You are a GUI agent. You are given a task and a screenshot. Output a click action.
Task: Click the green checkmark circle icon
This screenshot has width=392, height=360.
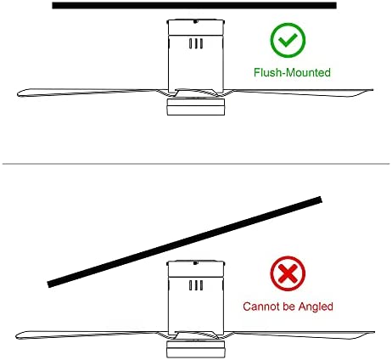[x=288, y=40]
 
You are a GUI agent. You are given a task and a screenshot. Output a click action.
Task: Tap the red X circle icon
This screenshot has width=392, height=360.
[x=288, y=273]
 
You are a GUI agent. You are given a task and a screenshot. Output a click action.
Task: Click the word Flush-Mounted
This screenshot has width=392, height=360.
[x=292, y=72]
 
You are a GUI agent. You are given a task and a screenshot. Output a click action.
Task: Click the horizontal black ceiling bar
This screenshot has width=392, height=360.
[x=194, y=5]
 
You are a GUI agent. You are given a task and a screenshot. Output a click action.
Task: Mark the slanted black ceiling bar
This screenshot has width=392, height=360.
[x=185, y=242]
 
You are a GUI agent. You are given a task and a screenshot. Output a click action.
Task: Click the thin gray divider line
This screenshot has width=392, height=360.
[x=196, y=164]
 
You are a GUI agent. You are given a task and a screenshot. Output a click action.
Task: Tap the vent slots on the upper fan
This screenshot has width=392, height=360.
[x=196, y=43]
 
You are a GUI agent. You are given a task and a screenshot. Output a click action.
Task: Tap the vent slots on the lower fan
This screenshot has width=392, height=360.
[x=196, y=285]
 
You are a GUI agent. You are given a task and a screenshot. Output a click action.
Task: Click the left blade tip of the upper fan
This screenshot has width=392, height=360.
[x=18, y=93]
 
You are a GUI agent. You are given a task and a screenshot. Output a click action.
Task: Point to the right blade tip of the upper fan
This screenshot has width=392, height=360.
[x=372, y=90]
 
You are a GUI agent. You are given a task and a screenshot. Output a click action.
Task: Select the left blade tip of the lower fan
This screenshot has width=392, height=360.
[x=16, y=336]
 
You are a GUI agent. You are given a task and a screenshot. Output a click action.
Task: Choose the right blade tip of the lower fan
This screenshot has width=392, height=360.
[x=374, y=333]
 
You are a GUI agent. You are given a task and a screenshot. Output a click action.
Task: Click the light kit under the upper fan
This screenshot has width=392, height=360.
[x=196, y=107]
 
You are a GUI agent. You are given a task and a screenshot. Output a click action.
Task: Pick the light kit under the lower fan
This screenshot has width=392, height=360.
[x=196, y=349]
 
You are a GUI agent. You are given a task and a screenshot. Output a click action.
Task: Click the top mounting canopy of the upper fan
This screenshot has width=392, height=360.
[x=196, y=27]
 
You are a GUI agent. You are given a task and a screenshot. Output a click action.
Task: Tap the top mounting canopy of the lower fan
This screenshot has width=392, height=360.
[x=196, y=268]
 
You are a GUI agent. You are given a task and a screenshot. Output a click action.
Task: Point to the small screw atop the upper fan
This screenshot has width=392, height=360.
[x=195, y=21]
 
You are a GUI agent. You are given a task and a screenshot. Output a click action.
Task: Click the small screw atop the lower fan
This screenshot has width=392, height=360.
[x=195, y=263]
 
